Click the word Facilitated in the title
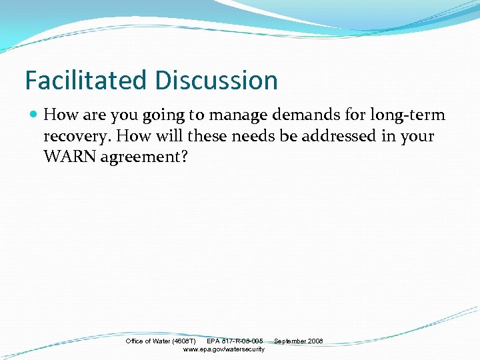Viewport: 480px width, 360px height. (x=87, y=80)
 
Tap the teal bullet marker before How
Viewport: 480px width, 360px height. (x=34, y=115)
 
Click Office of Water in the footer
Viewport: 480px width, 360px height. (x=147, y=341)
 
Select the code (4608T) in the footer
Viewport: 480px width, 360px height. (x=183, y=341)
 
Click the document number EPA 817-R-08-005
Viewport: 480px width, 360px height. (x=235, y=341)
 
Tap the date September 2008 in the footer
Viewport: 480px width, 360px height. (x=298, y=341)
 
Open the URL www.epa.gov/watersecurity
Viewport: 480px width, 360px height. (x=223, y=349)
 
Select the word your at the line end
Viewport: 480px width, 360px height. (x=418, y=137)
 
